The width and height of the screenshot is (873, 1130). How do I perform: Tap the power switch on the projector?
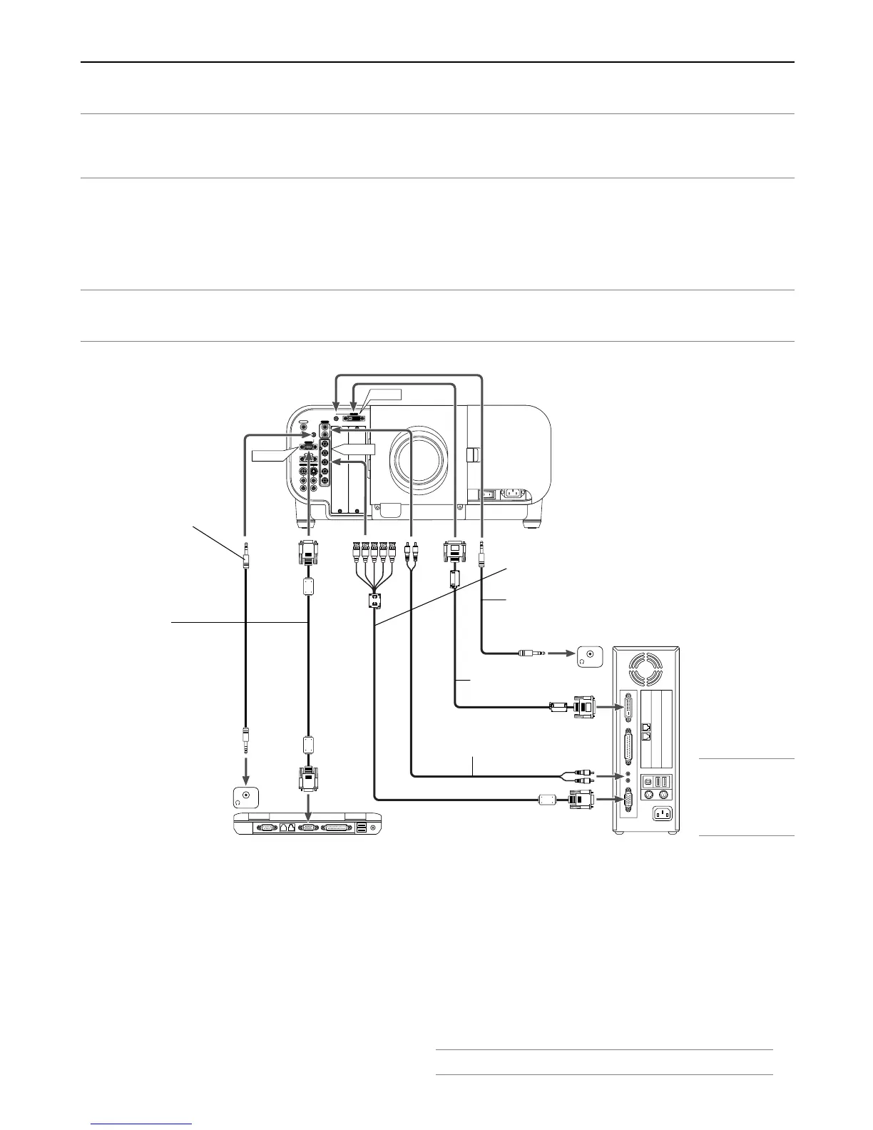489,493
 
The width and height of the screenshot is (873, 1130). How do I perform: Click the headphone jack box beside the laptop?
246,797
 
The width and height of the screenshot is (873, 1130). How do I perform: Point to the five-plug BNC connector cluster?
374,551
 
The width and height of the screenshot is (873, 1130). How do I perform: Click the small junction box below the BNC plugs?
373,601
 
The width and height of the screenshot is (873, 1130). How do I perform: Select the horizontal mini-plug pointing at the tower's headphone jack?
532,652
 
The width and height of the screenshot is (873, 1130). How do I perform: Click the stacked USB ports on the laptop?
360,827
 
